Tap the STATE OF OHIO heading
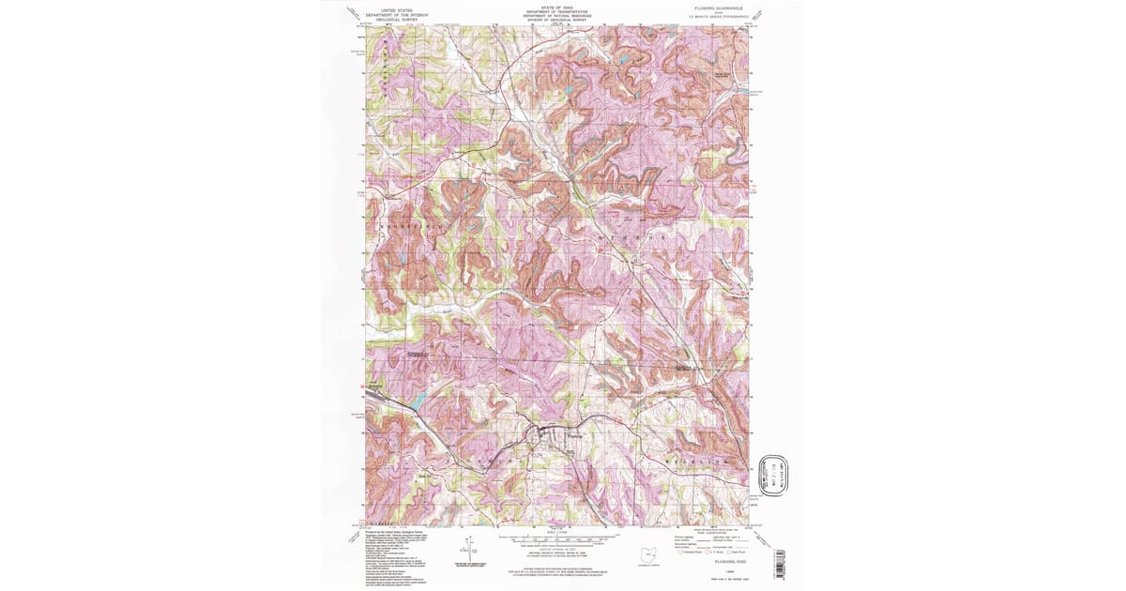pos(551,8)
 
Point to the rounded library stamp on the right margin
pos(776,476)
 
